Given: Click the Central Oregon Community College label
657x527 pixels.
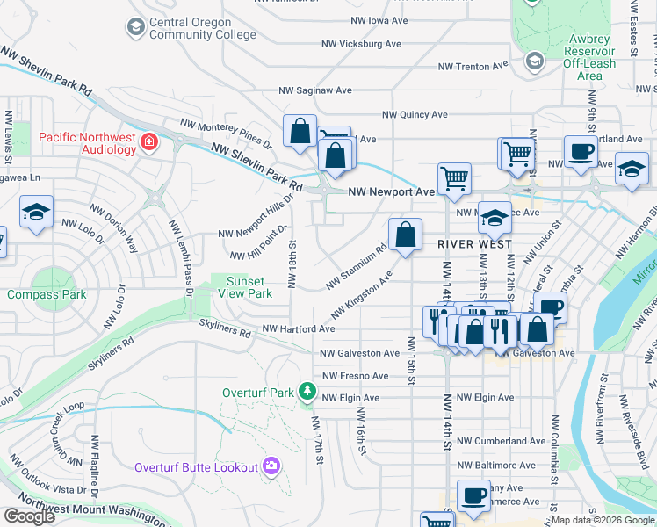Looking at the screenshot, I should (x=203, y=28).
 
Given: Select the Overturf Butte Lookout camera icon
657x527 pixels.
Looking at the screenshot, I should (x=271, y=466).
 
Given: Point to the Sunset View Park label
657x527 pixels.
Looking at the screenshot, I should (x=245, y=287).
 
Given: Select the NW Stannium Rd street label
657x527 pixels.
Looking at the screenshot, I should (x=356, y=267).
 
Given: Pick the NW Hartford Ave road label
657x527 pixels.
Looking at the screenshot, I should (x=299, y=328).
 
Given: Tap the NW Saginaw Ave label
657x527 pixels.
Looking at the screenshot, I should (x=315, y=90).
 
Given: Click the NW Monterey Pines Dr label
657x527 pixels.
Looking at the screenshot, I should (x=226, y=134).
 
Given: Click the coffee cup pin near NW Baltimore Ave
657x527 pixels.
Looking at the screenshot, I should (x=473, y=496).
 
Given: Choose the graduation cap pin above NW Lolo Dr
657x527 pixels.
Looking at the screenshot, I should (x=37, y=213).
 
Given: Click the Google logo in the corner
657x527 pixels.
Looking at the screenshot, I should (x=29, y=516).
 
